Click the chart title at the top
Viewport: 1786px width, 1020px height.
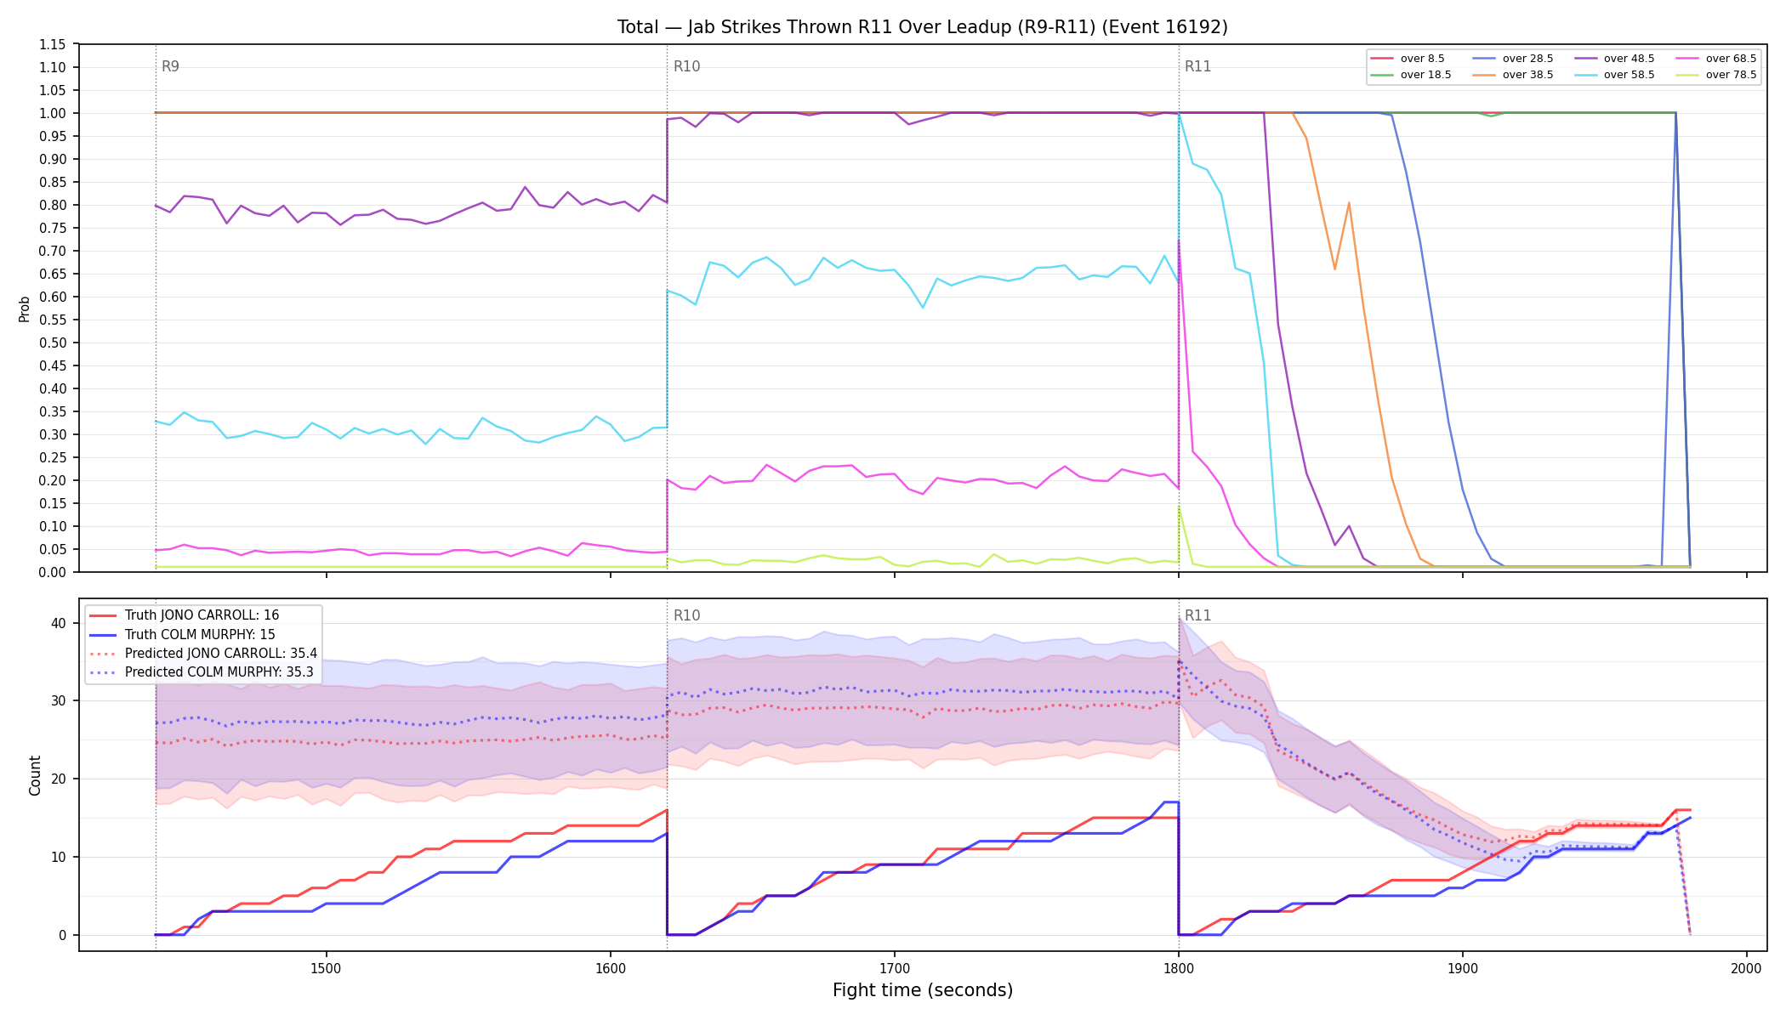click(x=923, y=27)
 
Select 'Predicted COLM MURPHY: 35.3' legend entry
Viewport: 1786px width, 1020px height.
click(x=202, y=672)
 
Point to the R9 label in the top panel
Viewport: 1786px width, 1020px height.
click(x=170, y=66)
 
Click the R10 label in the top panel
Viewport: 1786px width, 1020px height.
click(x=686, y=66)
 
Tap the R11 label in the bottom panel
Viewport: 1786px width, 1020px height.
click(x=1197, y=615)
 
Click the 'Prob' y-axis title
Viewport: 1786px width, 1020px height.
click(x=25, y=309)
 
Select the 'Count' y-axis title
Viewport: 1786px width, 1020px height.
click(x=35, y=775)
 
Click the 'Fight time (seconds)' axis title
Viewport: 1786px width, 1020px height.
click(x=923, y=990)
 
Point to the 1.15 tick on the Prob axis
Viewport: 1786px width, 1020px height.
click(x=52, y=44)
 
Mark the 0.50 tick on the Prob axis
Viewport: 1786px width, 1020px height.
click(x=52, y=343)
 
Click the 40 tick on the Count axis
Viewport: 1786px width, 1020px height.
click(x=58, y=623)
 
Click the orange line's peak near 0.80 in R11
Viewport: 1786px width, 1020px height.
click(x=1349, y=203)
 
